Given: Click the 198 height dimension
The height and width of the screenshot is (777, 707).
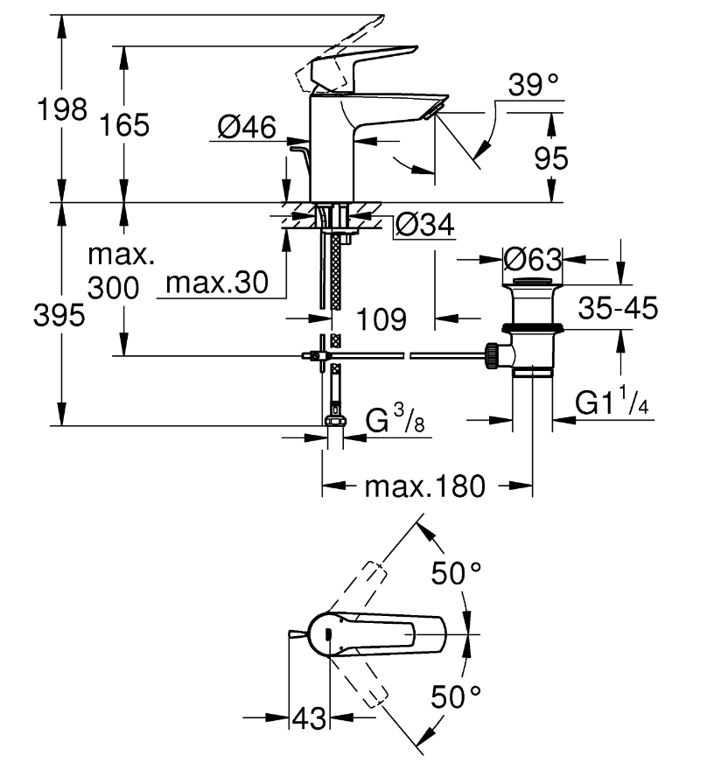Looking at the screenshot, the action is click(x=62, y=109).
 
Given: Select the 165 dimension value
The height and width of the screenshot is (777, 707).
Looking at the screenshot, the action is click(x=124, y=125).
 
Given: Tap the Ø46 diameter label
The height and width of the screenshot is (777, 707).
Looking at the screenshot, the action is click(x=247, y=127).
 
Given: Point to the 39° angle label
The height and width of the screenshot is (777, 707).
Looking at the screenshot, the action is click(x=533, y=85).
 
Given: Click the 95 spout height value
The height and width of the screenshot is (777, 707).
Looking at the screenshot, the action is click(x=551, y=158).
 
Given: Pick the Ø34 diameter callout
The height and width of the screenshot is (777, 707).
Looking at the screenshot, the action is click(x=424, y=226).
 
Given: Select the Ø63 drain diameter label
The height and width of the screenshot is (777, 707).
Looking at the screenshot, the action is click(x=533, y=259).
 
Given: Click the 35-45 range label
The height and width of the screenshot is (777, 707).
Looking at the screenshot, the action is click(x=618, y=308).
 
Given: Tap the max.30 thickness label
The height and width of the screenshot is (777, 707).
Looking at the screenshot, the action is click(x=217, y=283).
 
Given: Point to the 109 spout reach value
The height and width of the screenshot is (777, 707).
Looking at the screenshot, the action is click(x=381, y=319).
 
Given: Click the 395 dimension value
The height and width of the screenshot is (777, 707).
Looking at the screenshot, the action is click(x=59, y=315).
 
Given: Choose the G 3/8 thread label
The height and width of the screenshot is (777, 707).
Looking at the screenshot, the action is click(x=395, y=420).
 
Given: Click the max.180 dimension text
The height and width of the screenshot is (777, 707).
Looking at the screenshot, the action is click(x=425, y=486).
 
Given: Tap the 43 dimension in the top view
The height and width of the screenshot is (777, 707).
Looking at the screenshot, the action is click(x=309, y=718).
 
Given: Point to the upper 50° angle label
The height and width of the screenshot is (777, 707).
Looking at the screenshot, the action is click(x=456, y=573).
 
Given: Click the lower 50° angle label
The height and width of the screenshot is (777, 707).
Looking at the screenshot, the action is click(x=456, y=696).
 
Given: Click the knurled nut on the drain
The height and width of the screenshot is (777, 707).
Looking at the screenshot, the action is click(x=492, y=355).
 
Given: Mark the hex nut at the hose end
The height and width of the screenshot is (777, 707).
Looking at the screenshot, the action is click(x=335, y=421).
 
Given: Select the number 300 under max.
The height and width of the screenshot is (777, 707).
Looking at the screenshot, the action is click(x=114, y=288).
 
